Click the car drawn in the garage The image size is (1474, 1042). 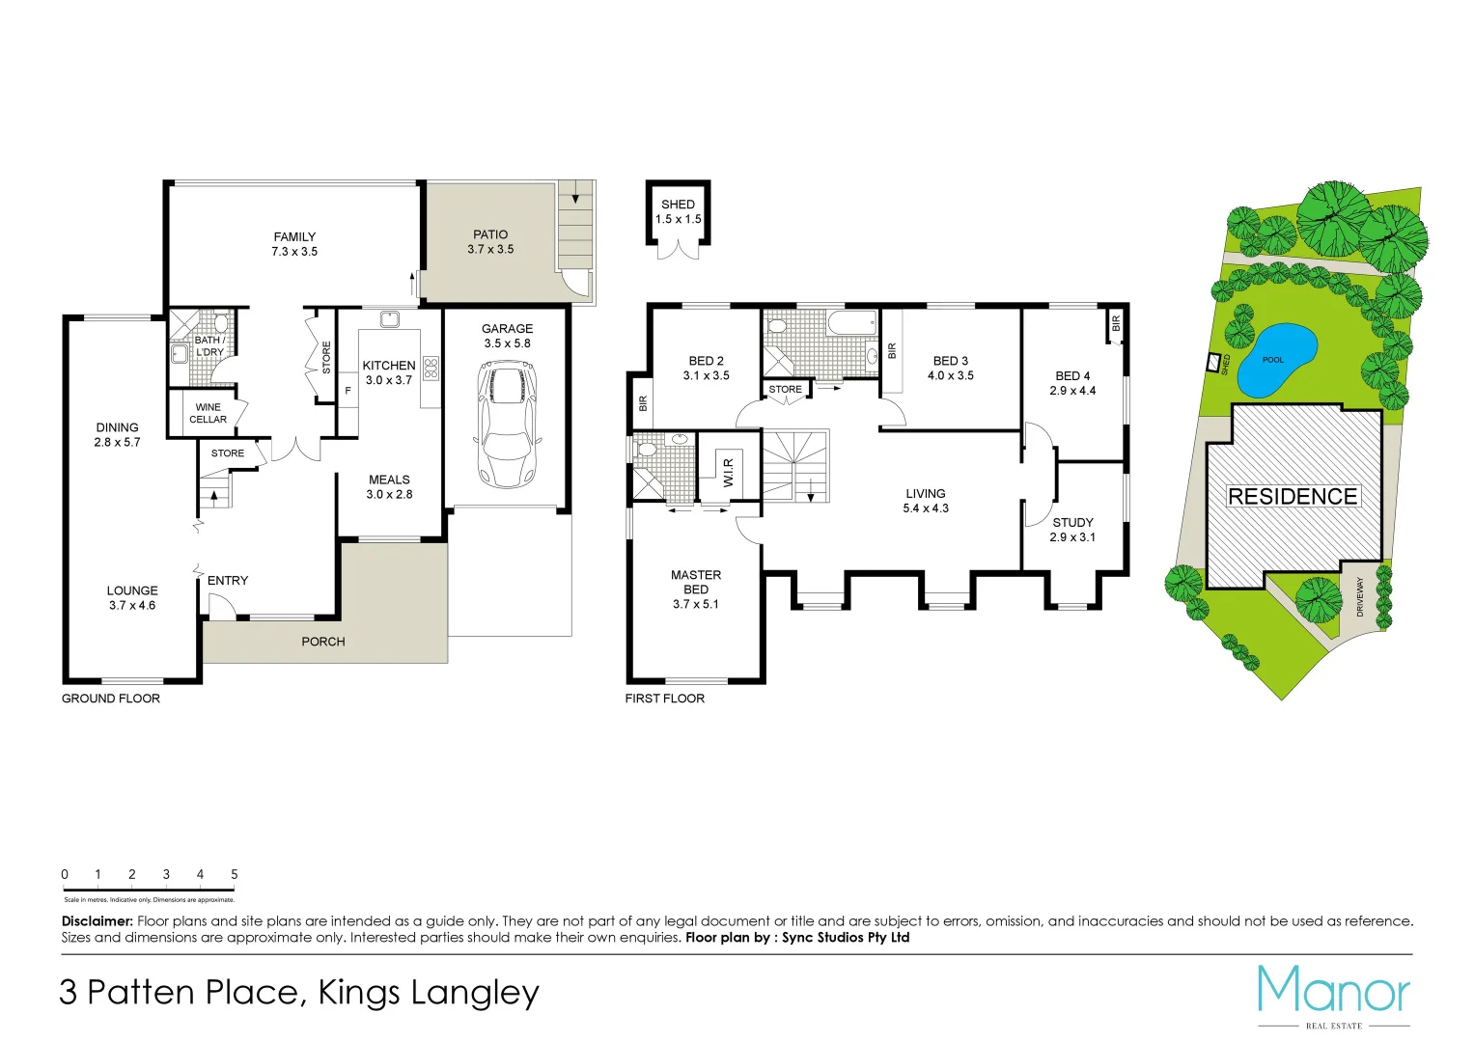pos(506,424)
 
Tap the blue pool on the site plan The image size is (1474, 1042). pos(1276,361)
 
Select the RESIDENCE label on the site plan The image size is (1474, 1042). pos(1292,496)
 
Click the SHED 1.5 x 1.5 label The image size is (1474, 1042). pos(678,211)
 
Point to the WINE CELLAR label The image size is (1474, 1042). pos(208,413)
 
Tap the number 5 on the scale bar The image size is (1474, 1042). pos(234,874)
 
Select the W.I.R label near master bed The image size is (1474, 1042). pos(729,472)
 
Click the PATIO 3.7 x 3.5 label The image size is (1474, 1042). pos(490,241)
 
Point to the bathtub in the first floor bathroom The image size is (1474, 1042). pos(851,323)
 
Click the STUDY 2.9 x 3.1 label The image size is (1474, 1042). pos(1072,530)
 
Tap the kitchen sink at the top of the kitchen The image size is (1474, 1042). pos(389,319)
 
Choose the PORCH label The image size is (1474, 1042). pos(322,642)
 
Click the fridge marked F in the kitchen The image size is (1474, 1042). pos(348,391)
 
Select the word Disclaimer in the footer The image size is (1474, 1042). pos(97,921)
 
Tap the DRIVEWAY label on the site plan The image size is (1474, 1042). pos(1360,597)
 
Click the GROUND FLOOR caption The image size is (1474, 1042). pos(111,699)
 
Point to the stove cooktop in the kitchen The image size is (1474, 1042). pos(431,368)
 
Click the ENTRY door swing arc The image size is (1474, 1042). pos(221,605)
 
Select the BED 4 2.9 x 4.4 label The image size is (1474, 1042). pos(1072,383)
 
